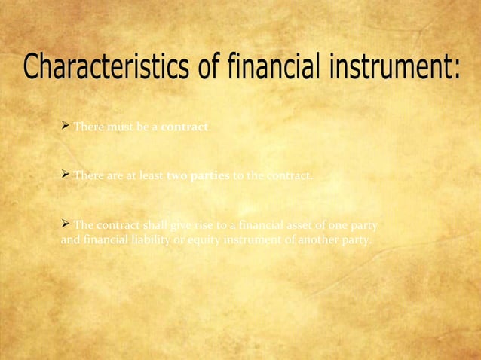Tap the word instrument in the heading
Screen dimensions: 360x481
pyautogui.click(x=400, y=72)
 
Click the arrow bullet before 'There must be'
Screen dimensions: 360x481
pyautogui.click(x=65, y=125)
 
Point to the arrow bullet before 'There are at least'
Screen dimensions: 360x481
pyautogui.click(x=65, y=175)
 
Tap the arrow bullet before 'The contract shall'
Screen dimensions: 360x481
pyautogui.click(x=65, y=224)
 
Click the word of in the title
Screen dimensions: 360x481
pyautogui.click(x=208, y=72)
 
